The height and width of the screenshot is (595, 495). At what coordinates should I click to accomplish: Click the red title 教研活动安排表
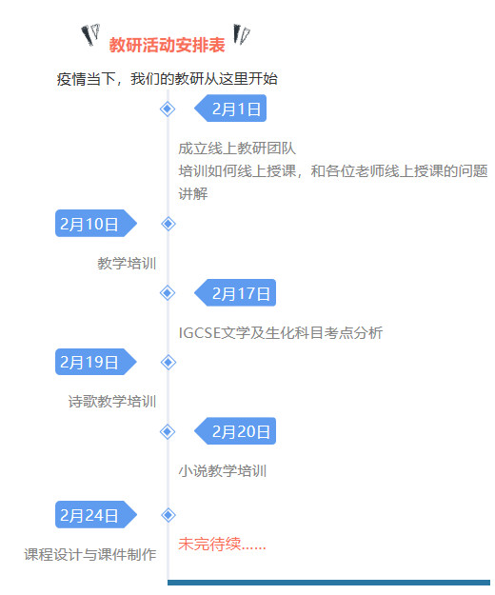tap(167, 45)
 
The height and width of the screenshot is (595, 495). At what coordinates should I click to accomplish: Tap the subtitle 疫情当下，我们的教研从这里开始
tap(167, 79)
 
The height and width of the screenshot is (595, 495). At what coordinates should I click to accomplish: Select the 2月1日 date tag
tap(230, 109)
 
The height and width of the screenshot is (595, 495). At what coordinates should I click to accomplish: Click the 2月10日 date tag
tap(96, 224)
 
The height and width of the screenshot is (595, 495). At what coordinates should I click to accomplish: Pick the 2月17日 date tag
tap(235, 293)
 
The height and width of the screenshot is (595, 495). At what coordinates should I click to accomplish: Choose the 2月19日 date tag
tap(96, 362)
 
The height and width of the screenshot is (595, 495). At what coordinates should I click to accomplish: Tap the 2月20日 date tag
tap(235, 431)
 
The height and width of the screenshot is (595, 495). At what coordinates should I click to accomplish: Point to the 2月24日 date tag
tap(96, 514)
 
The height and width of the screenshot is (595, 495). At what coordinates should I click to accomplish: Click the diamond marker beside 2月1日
tap(168, 109)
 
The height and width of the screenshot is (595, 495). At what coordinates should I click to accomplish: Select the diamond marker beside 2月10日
tap(168, 224)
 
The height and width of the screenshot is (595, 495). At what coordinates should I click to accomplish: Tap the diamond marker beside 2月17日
tap(168, 293)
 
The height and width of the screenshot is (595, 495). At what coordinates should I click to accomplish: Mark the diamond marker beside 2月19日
tap(168, 363)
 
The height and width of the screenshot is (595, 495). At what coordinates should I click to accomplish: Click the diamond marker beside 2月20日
tap(168, 431)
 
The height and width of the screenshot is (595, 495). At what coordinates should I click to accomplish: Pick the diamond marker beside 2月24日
tap(168, 515)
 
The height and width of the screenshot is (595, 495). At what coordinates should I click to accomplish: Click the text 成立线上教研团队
tap(237, 149)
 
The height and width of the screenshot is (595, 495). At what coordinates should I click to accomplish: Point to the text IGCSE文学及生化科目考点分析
tap(281, 333)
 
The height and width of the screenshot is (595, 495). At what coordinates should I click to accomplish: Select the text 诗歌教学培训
tap(112, 402)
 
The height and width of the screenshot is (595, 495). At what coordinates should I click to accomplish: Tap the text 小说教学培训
tap(223, 471)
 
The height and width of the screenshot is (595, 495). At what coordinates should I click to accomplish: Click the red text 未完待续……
tap(223, 545)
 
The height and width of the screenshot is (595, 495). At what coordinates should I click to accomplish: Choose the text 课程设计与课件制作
tap(90, 554)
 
